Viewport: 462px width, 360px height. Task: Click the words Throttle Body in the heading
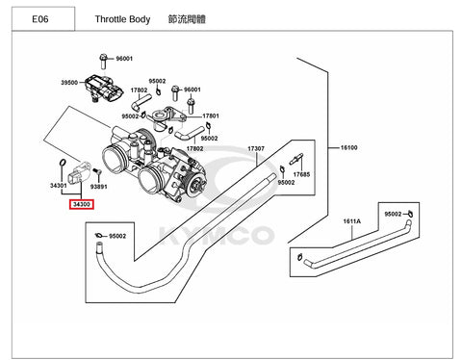pyautogui.click(x=122, y=19)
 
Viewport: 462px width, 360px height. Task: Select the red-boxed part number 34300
pyautogui.click(x=82, y=204)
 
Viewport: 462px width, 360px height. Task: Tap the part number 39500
pyautogui.click(x=69, y=83)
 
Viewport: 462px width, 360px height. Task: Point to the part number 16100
pyautogui.click(x=348, y=147)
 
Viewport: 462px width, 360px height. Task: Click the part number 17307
pyautogui.click(x=256, y=148)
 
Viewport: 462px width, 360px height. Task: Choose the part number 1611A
pyautogui.click(x=351, y=221)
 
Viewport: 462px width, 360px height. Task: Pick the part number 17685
pyautogui.click(x=301, y=174)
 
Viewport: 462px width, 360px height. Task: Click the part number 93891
pyautogui.click(x=98, y=187)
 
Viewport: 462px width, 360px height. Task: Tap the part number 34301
pyautogui.click(x=59, y=185)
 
